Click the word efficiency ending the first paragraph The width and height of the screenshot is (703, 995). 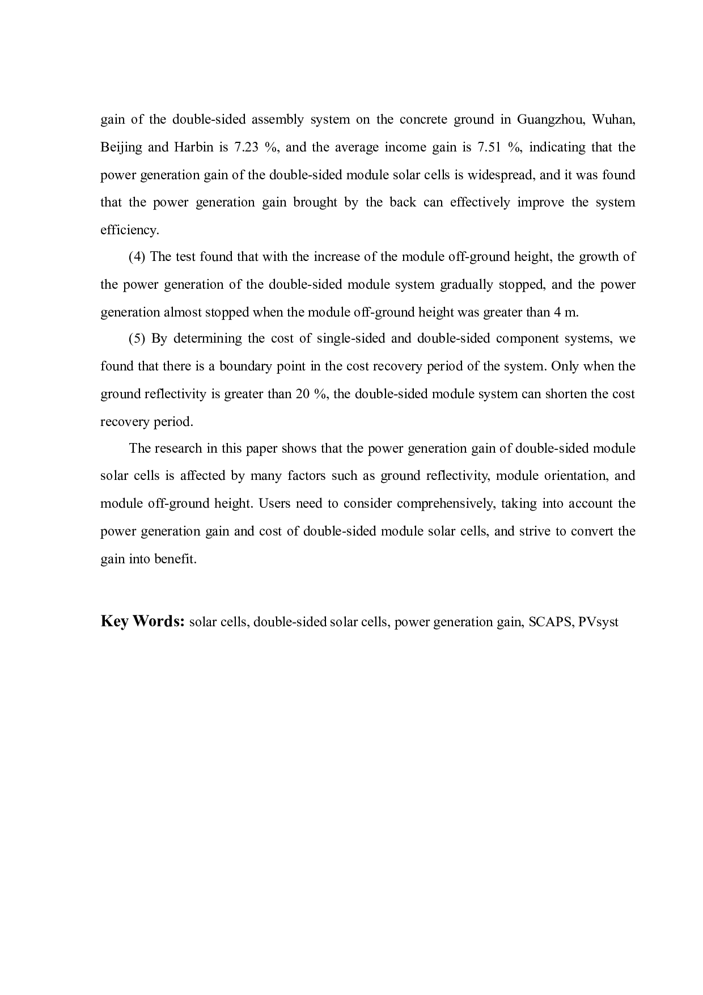[x=129, y=230]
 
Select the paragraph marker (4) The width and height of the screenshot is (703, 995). [x=137, y=257]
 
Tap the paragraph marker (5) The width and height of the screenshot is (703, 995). [x=137, y=339]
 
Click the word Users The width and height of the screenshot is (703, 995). [x=275, y=504]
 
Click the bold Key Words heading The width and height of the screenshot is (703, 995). [x=143, y=621]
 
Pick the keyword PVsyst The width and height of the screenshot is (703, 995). [x=598, y=622]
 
